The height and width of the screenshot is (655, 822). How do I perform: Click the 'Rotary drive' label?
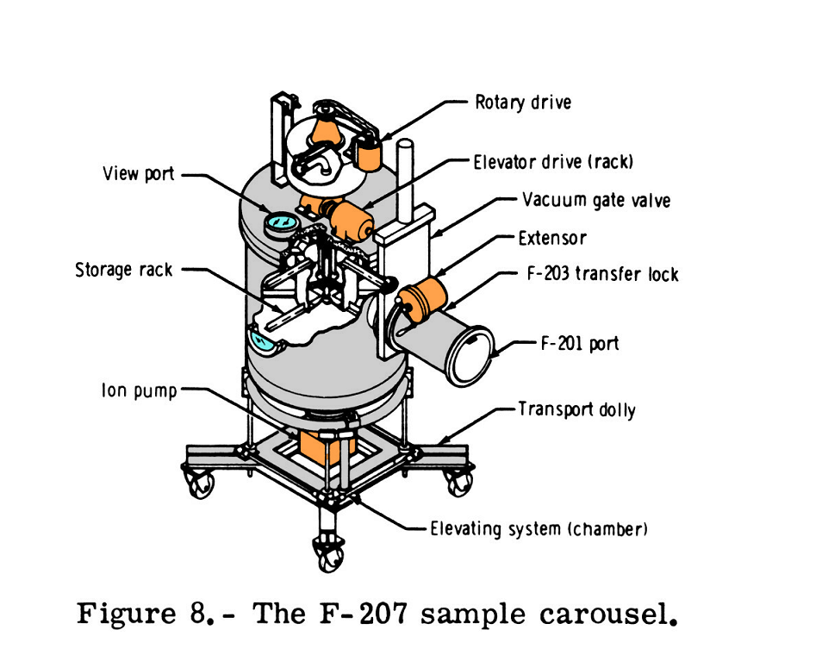522,103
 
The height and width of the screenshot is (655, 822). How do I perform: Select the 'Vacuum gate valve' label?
596,201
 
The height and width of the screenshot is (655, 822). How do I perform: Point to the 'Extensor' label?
552,238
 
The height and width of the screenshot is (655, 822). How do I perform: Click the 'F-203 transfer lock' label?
602,275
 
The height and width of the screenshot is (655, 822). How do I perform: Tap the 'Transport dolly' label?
576,409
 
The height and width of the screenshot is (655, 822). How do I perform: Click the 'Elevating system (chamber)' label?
539,528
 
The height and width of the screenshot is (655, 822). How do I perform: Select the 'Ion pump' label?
139,390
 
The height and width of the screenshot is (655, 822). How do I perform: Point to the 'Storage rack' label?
124,270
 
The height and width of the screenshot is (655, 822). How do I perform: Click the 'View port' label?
138,174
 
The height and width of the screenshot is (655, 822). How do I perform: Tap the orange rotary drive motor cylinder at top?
371,155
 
